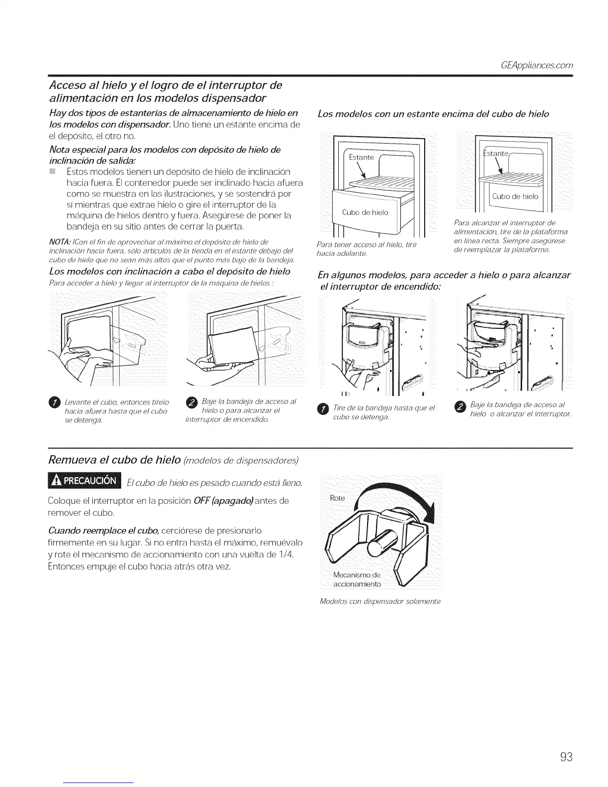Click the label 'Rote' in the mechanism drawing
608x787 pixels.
click(337, 498)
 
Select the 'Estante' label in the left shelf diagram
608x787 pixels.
click(361, 157)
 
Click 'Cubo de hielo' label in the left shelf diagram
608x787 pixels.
click(365, 213)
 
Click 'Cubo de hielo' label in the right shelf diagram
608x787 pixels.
click(515, 196)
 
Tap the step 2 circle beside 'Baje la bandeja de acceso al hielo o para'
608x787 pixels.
click(191, 402)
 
